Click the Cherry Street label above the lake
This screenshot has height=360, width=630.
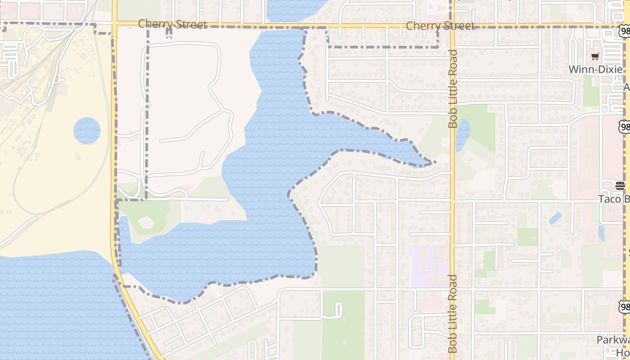[x=172, y=24]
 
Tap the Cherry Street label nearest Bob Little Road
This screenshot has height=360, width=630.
[x=440, y=26]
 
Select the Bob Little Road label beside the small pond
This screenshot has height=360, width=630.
[x=453, y=89]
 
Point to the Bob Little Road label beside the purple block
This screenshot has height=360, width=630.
[x=453, y=314]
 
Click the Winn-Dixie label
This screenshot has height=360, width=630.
[x=595, y=69]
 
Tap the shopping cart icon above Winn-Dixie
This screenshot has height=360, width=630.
[x=595, y=57]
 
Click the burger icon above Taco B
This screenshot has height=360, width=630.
[x=620, y=185]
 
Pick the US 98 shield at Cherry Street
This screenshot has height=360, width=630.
[x=624, y=31]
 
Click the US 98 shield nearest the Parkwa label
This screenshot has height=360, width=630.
[x=624, y=307]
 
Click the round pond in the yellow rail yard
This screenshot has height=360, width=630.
[x=87, y=130]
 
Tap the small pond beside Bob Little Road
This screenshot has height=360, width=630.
[x=463, y=134]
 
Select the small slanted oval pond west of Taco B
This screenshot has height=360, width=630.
[x=555, y=218]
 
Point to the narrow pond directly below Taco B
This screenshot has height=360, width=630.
[x=602, y=234]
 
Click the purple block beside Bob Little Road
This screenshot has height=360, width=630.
[x=429, y=266]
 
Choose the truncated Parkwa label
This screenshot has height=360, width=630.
[x=612, y=340]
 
